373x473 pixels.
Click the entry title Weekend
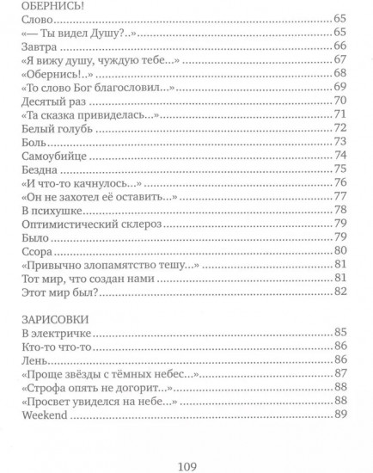[x=45, y=415]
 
